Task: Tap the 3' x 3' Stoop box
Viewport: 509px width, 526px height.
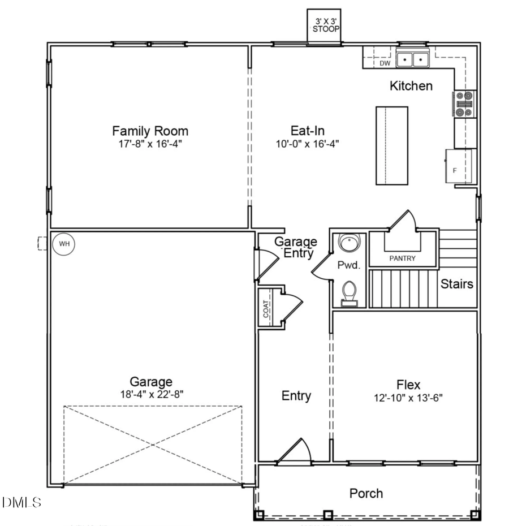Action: click(x=324, y=25)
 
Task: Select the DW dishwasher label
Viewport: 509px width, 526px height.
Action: click(x=385, y=63)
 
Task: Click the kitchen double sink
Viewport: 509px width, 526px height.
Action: click(x=413, y=59)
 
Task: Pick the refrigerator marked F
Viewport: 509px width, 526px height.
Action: click(x=459, y=167)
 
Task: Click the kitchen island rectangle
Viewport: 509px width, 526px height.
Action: click(x=392, y=145)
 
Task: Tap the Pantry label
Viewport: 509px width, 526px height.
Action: click(x=402, y=258)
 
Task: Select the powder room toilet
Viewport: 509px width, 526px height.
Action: click(x=350, y=293)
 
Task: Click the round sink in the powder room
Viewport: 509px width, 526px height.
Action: click(x=349, y=244)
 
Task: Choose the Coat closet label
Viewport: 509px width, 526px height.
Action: click(x=266, y=308)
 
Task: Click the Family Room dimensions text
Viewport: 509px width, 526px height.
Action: click(x=150, y=144)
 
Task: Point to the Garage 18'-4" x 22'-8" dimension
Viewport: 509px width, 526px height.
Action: click(x=150, y=394)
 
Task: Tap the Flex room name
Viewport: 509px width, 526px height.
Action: click(x=408, y=385)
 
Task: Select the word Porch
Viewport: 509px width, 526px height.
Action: click(x=366, y=494)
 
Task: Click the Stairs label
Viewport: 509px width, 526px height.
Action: click(x=456, y=284)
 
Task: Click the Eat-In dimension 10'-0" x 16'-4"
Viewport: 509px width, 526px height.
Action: click(x=307, y=144)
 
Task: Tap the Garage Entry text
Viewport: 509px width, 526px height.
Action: click(x=296, y=248)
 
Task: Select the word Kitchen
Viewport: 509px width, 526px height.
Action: click(x=411, y=86)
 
